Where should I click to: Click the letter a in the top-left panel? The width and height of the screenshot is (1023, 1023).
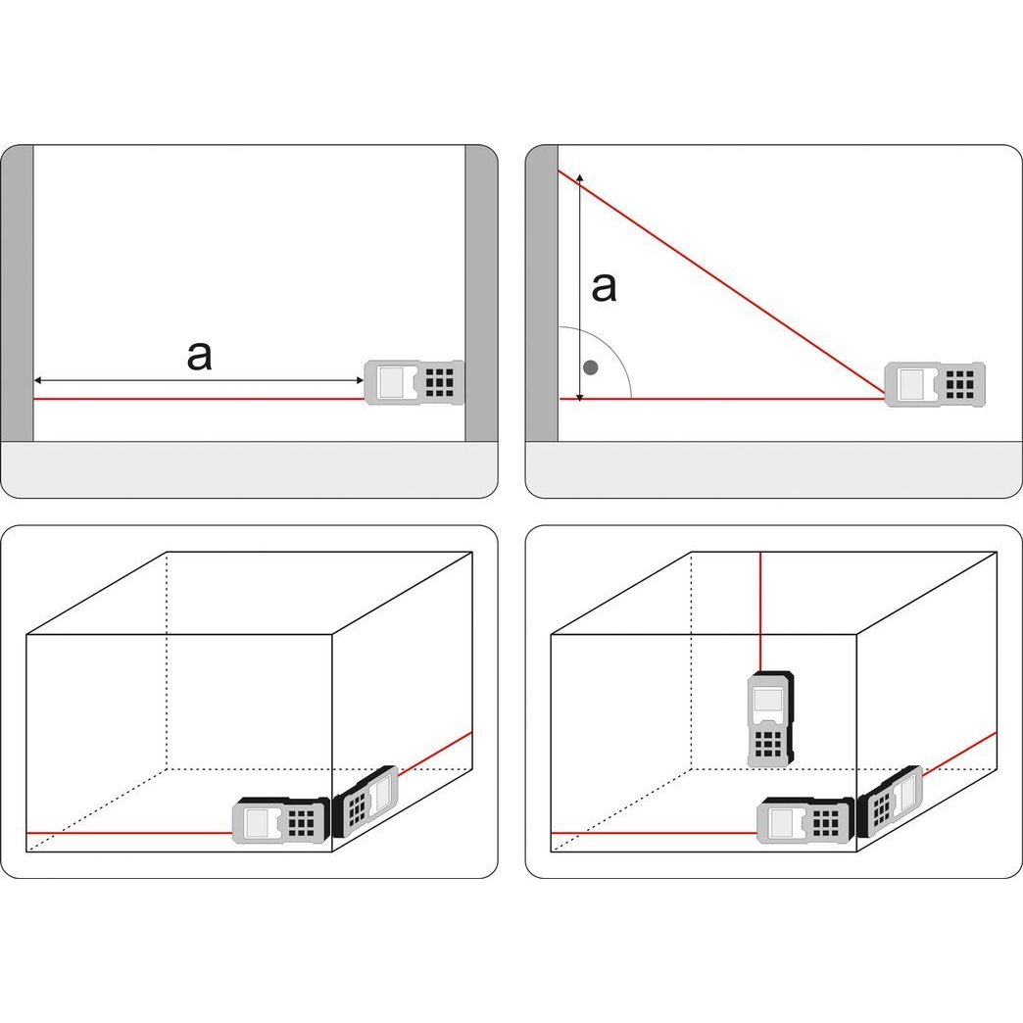pos(199,356)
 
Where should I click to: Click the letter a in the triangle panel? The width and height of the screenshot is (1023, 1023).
pos(605,287)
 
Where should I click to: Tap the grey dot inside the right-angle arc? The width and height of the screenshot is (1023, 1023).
pos(590,367)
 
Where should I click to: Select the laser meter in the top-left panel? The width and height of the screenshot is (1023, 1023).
pos(414,381)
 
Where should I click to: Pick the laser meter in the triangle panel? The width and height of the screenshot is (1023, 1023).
pos(935,382)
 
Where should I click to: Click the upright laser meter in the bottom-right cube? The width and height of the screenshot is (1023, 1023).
pos(770,719)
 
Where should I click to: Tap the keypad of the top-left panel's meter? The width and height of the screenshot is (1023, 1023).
pos(440,381)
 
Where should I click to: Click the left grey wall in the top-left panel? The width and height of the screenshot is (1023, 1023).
pos(17,294)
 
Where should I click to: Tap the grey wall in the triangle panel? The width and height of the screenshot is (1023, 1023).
pos(542,294)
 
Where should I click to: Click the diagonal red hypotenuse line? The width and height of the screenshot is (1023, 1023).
pos(725,285)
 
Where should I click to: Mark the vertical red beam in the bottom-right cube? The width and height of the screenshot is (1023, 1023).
pos(761,612)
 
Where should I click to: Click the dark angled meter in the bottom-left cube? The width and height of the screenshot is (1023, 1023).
pos(365,802)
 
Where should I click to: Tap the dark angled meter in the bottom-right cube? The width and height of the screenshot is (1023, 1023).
pos(890,802)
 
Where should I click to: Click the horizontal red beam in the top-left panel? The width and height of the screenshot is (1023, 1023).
pos(196,399)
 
